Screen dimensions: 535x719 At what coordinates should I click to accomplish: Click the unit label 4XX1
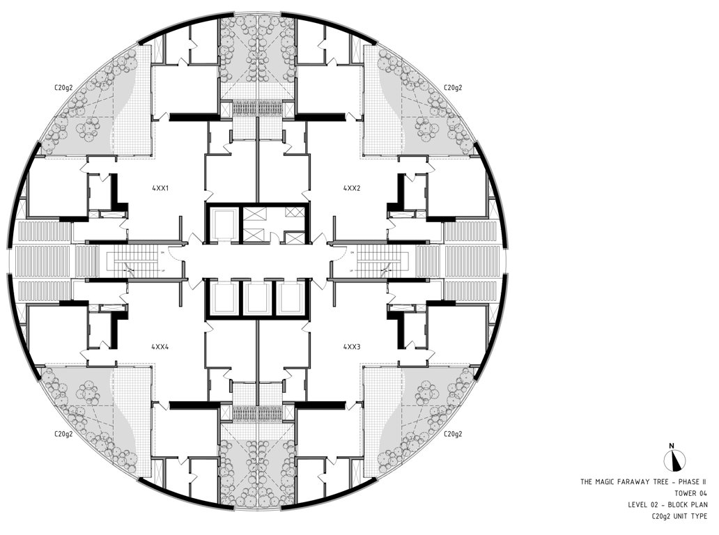click(x=160, y=188)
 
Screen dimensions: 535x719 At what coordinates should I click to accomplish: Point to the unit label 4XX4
click(x=160, y=346)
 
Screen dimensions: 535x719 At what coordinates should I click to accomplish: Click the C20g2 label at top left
click(x=65, y=88)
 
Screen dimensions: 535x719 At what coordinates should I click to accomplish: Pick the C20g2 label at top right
click(x=453, y=88)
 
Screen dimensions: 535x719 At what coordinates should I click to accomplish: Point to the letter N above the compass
click(x=671, y=445)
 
